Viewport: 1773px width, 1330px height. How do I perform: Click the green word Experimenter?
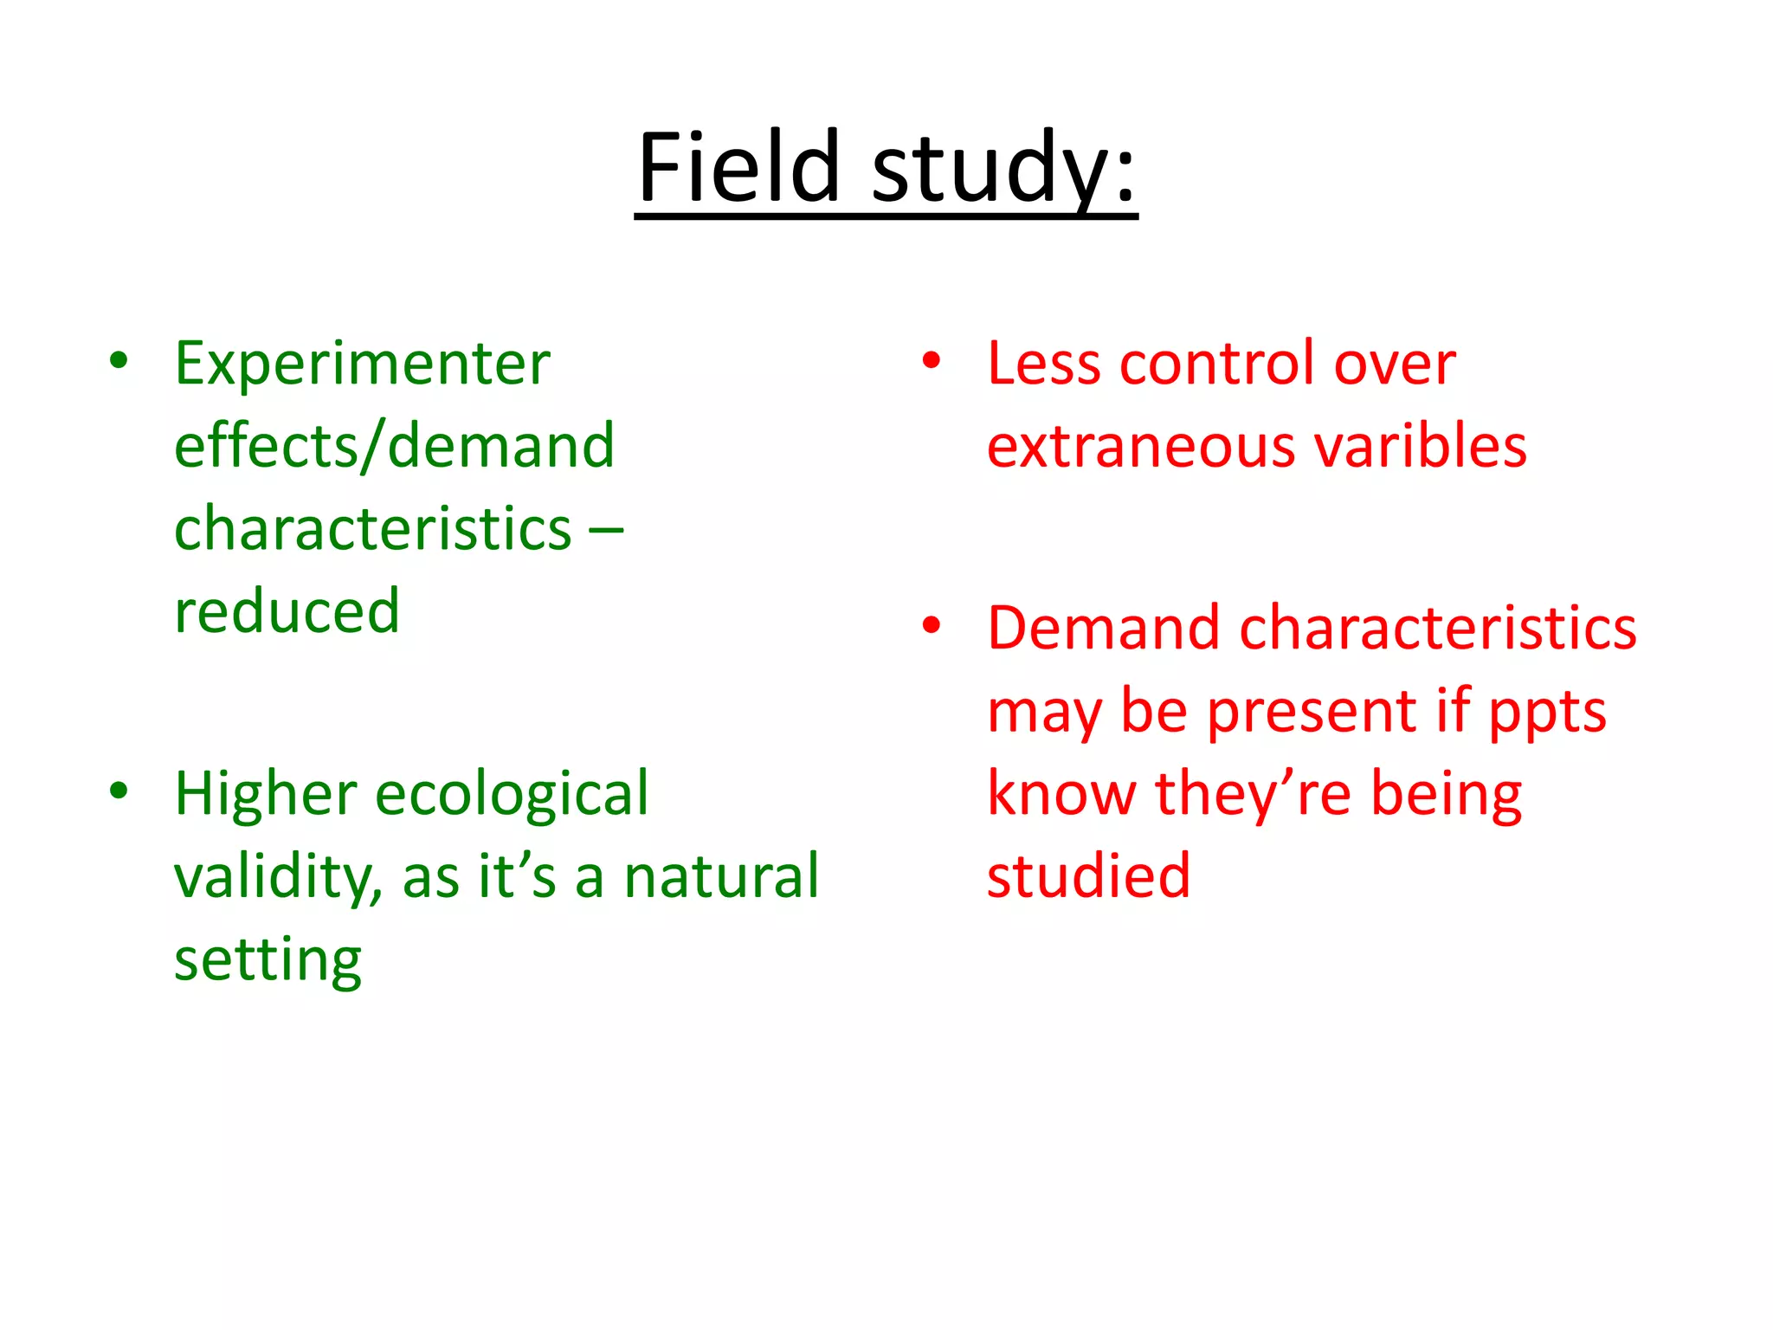pyautogui.click(x=362, y=363)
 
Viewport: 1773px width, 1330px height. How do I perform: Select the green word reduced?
pyautogui.click(x=287, y=611)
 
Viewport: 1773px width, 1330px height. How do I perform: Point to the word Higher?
pyautogui.click(x=266, y=793)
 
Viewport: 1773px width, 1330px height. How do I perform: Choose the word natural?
pyautogui.click(x=721, y=876)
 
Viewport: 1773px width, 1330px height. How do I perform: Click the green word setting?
pyautogui.click(x=268, y=960)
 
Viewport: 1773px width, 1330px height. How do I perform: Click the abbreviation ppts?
pyautogui.click(x=1547, y=712)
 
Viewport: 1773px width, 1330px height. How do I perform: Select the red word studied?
pyautogui.click(x=1088, y=876)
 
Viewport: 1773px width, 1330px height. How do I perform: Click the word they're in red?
pyautogui.click(x=1253, y=794)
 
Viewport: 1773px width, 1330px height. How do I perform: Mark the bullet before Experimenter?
pyautogui.click(x=119, y=360)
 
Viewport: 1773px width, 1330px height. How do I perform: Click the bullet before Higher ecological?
pyautogui.click(x=119, y=791)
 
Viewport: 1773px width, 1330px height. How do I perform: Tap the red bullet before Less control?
pyautogui.click(x=932, y=360)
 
